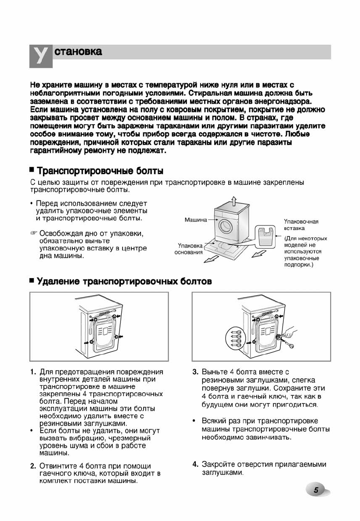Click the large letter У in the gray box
(x=40, y=56)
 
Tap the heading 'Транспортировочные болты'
(x=100, y=170)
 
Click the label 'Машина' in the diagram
(x=194, y=219)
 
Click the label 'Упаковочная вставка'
(x=301, y=225)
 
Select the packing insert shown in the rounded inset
(x=265, y=236)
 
